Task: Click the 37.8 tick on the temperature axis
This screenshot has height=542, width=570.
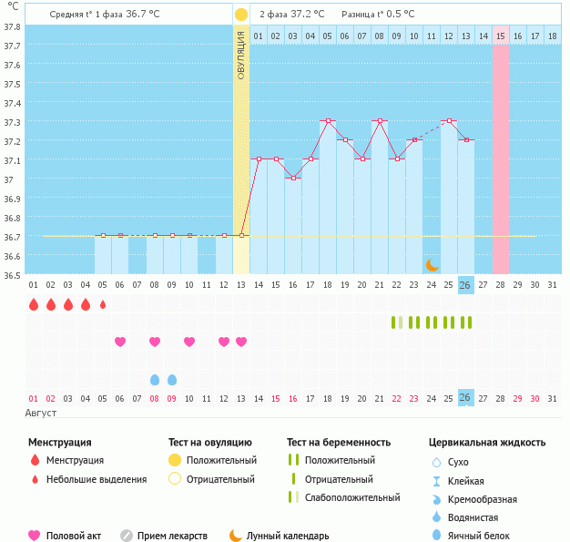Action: [x=13, y=26]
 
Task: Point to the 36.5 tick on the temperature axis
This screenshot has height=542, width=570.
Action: [x=13, y=274]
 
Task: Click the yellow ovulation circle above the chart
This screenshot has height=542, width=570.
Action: [x=240, y=15]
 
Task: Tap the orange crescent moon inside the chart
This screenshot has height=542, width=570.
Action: [x=433, y=264]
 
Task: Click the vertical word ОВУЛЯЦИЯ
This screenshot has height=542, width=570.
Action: [x=240, y=55]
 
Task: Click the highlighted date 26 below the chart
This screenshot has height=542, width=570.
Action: [x=465, y=398]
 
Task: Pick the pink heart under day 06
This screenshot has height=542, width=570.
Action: [x=120, y=342]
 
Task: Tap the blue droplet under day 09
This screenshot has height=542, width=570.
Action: [x=172, y=379]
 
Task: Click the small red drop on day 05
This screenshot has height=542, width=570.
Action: [x=103, y=304]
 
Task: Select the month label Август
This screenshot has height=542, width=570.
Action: [x=42, y=414]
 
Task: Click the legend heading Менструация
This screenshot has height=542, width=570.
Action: [x=60, y=443]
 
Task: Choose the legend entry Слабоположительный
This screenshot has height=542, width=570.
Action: [x=352, y=497]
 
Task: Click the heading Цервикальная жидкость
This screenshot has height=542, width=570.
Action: [x=487, y=443]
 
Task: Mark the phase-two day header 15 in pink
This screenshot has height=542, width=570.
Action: [x=501, y=36]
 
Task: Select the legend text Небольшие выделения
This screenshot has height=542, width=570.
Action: [x=97, y=479]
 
